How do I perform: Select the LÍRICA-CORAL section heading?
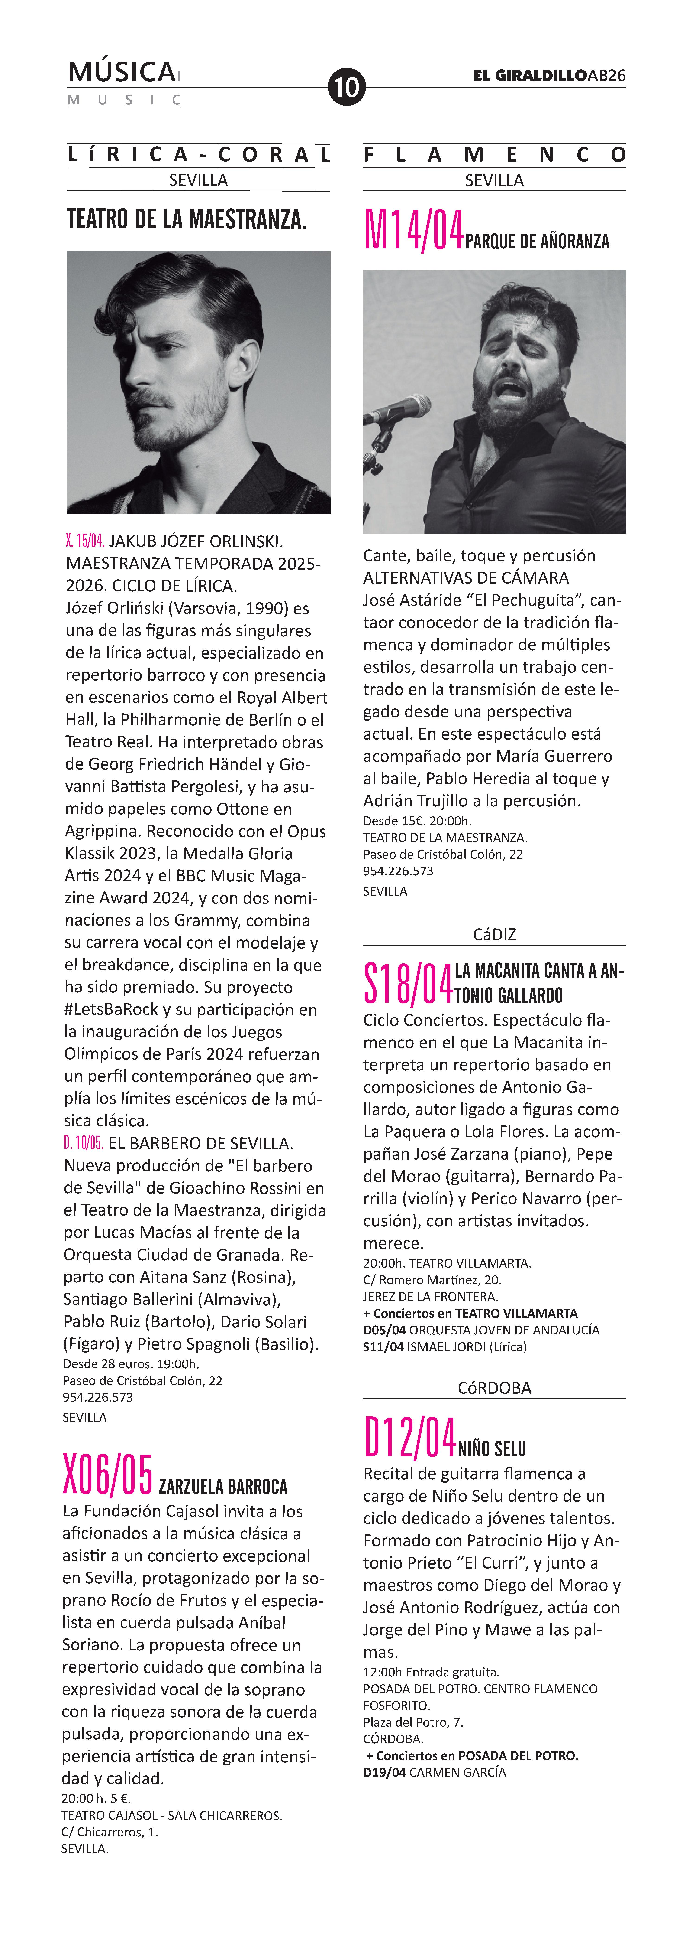coord(199,155)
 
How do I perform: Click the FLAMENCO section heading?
coord(494,155)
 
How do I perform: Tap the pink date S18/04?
coord(409,984)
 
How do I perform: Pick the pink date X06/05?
coord(108,1474)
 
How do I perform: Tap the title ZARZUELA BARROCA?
coord(223,1486)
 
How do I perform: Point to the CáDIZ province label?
coord(494,934)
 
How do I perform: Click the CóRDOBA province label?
coord(494,1388)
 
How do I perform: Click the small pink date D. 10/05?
coord(84,1143)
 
